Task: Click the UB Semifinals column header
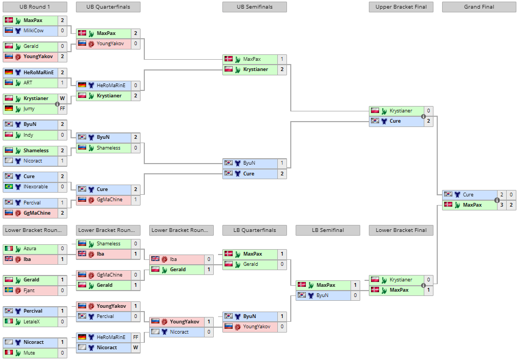254,7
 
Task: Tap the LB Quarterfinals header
254,230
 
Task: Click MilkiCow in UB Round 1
33,31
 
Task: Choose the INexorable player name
36,187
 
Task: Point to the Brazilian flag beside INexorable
9,187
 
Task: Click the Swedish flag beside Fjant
9,290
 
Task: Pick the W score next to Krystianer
62,98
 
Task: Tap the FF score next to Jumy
62,109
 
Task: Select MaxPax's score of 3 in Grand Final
501,205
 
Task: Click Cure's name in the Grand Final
468,195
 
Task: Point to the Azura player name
30,249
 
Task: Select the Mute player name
30,352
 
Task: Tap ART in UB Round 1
28,83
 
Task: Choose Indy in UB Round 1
29,135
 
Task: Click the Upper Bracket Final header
401,7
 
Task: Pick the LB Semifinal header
327,230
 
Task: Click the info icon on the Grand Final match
497,200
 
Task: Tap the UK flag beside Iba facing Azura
9,259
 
